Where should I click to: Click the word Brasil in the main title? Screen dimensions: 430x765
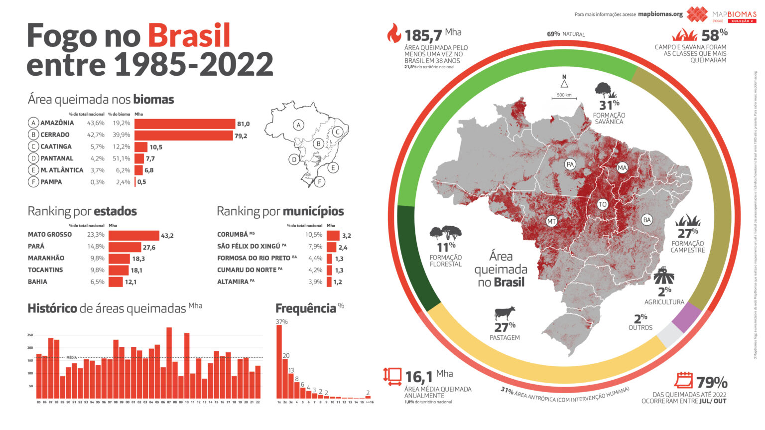coord(189,35)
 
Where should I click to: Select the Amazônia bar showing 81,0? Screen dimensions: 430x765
coord(184,124)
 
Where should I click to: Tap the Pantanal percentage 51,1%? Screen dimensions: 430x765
coord(122,158)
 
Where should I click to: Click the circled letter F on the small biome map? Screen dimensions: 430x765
coord(319,182)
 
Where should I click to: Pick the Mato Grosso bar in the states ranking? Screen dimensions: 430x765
coord(133,235)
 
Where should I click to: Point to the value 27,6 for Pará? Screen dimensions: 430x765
coord(149,247)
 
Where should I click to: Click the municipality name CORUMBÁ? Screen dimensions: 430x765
coord(232,235)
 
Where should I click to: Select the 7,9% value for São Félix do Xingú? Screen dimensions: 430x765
coord(315,246)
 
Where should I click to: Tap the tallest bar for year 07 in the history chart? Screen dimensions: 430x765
coord(169,363)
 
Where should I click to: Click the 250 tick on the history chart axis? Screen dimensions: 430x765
coord(30,335)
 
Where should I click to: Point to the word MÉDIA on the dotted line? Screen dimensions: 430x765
coord(71,357)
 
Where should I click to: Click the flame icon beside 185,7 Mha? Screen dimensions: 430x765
coord(393,33)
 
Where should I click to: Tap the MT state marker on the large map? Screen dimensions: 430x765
coord(551,221)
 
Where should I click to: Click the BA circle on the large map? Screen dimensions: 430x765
coord(646,220)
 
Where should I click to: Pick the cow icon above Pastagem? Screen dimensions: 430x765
coord(505,313)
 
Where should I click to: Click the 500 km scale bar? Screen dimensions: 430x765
coord(564,98)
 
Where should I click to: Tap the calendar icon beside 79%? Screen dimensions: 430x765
coord(683,380)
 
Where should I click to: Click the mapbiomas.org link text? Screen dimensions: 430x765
coord(660,14)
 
